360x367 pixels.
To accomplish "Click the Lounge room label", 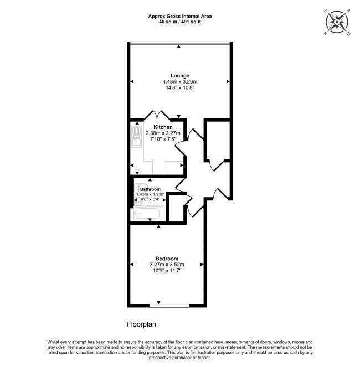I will tap(180, 76).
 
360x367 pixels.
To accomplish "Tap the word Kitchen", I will tap(155, 127).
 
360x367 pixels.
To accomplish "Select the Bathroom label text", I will tap(150, 189).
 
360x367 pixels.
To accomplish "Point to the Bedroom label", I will tap(167, 259).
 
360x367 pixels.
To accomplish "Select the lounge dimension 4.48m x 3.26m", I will tap(180, 82).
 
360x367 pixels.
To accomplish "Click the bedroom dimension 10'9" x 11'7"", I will tap(166, 271).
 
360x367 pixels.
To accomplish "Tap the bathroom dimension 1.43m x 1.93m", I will tap(150, 194).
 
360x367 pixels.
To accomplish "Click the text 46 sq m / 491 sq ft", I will tap(180, 22).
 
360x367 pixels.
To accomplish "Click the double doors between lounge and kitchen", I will tap(157, 116).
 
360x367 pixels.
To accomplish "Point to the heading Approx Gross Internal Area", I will tap(180, 17).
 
